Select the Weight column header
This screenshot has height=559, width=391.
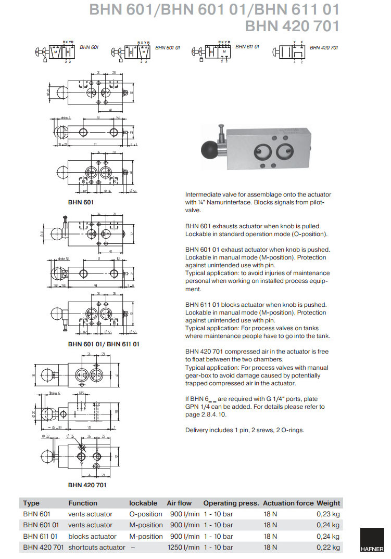[x=328, y=503]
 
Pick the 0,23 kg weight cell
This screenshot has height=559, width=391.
[x=328, y=514]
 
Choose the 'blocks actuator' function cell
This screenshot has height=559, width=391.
[x=92, y=536]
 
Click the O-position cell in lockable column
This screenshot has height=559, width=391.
[x=146, y=514]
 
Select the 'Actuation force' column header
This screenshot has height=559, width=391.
[x=288, y=503]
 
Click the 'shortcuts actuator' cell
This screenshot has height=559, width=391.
[x=97, y=547]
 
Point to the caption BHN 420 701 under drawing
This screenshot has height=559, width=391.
[x=87, y=485]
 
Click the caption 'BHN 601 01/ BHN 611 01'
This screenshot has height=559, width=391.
[x=104, y=344]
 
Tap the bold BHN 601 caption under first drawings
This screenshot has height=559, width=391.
[x=81, y=201]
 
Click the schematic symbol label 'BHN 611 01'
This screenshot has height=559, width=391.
[x=247, y=47]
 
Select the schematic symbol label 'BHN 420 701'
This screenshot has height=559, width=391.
[x=324, y=47]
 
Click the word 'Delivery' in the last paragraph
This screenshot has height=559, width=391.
[x=197, y=430]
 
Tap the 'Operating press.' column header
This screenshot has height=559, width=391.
[x=231, y=503]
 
